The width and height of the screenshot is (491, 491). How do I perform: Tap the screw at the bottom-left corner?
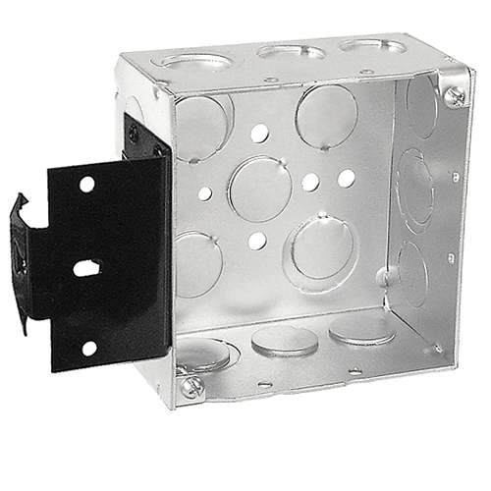click(x=191, y=386)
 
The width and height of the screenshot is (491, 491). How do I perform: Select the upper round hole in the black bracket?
click(x=87, y=184)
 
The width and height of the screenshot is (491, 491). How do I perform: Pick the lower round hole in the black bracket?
click(x=88, y=348)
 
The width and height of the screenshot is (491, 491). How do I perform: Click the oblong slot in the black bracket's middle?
click(x=87, y=266)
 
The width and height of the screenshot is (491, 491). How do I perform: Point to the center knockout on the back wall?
click(x=259, y=188)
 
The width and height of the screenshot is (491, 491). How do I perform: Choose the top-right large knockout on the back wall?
click(x=327, y=115)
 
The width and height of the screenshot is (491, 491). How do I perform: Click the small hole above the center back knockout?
click(x=258, y=132)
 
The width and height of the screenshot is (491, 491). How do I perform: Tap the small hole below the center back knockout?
click(x=257, y=240)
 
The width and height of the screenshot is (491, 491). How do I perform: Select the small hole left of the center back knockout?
click(x=204, y=193)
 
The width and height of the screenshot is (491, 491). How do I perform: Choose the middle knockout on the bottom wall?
click(x=284, y=340)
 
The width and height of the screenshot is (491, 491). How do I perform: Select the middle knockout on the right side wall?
click(x=416, y=191)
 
